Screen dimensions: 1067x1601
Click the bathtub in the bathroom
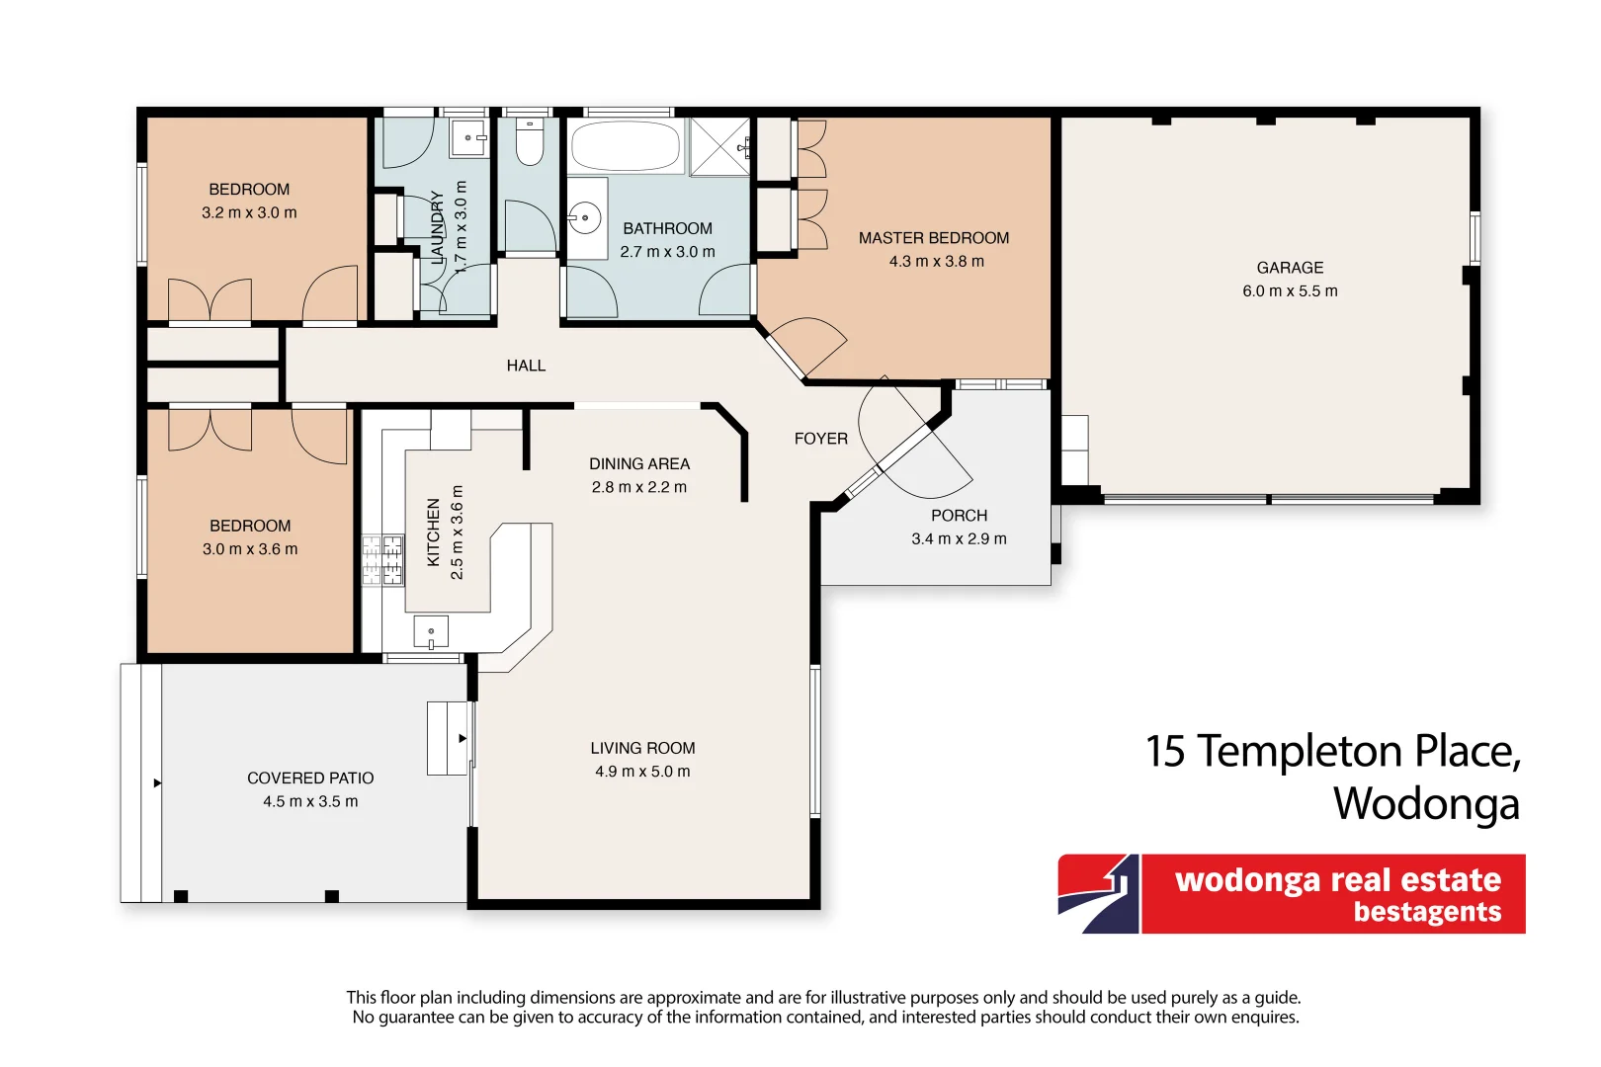point(626,147)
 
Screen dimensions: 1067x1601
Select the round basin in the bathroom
point(585,217)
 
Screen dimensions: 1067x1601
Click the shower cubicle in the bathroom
point(719,146)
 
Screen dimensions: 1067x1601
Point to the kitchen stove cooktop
point(382,560)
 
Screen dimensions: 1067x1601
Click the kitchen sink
point(431,632)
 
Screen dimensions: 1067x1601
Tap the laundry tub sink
point(468,138)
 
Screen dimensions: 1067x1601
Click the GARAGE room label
point(1290,268)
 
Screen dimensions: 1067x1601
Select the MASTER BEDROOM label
point(934,238)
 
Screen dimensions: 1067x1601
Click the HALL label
point(526,366)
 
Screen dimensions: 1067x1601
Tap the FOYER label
point(821,439)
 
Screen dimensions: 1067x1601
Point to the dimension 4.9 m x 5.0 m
point(642,772)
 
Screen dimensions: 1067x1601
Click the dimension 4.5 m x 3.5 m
point(310,801)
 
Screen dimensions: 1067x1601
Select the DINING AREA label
point(639,463)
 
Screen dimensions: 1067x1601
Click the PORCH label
point(959,516)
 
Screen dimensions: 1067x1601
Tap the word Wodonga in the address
point(1426,803)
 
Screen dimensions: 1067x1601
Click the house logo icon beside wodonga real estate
point(1099,894)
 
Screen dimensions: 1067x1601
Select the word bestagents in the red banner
point(1427,912)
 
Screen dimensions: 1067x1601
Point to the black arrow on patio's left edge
point(157,783)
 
